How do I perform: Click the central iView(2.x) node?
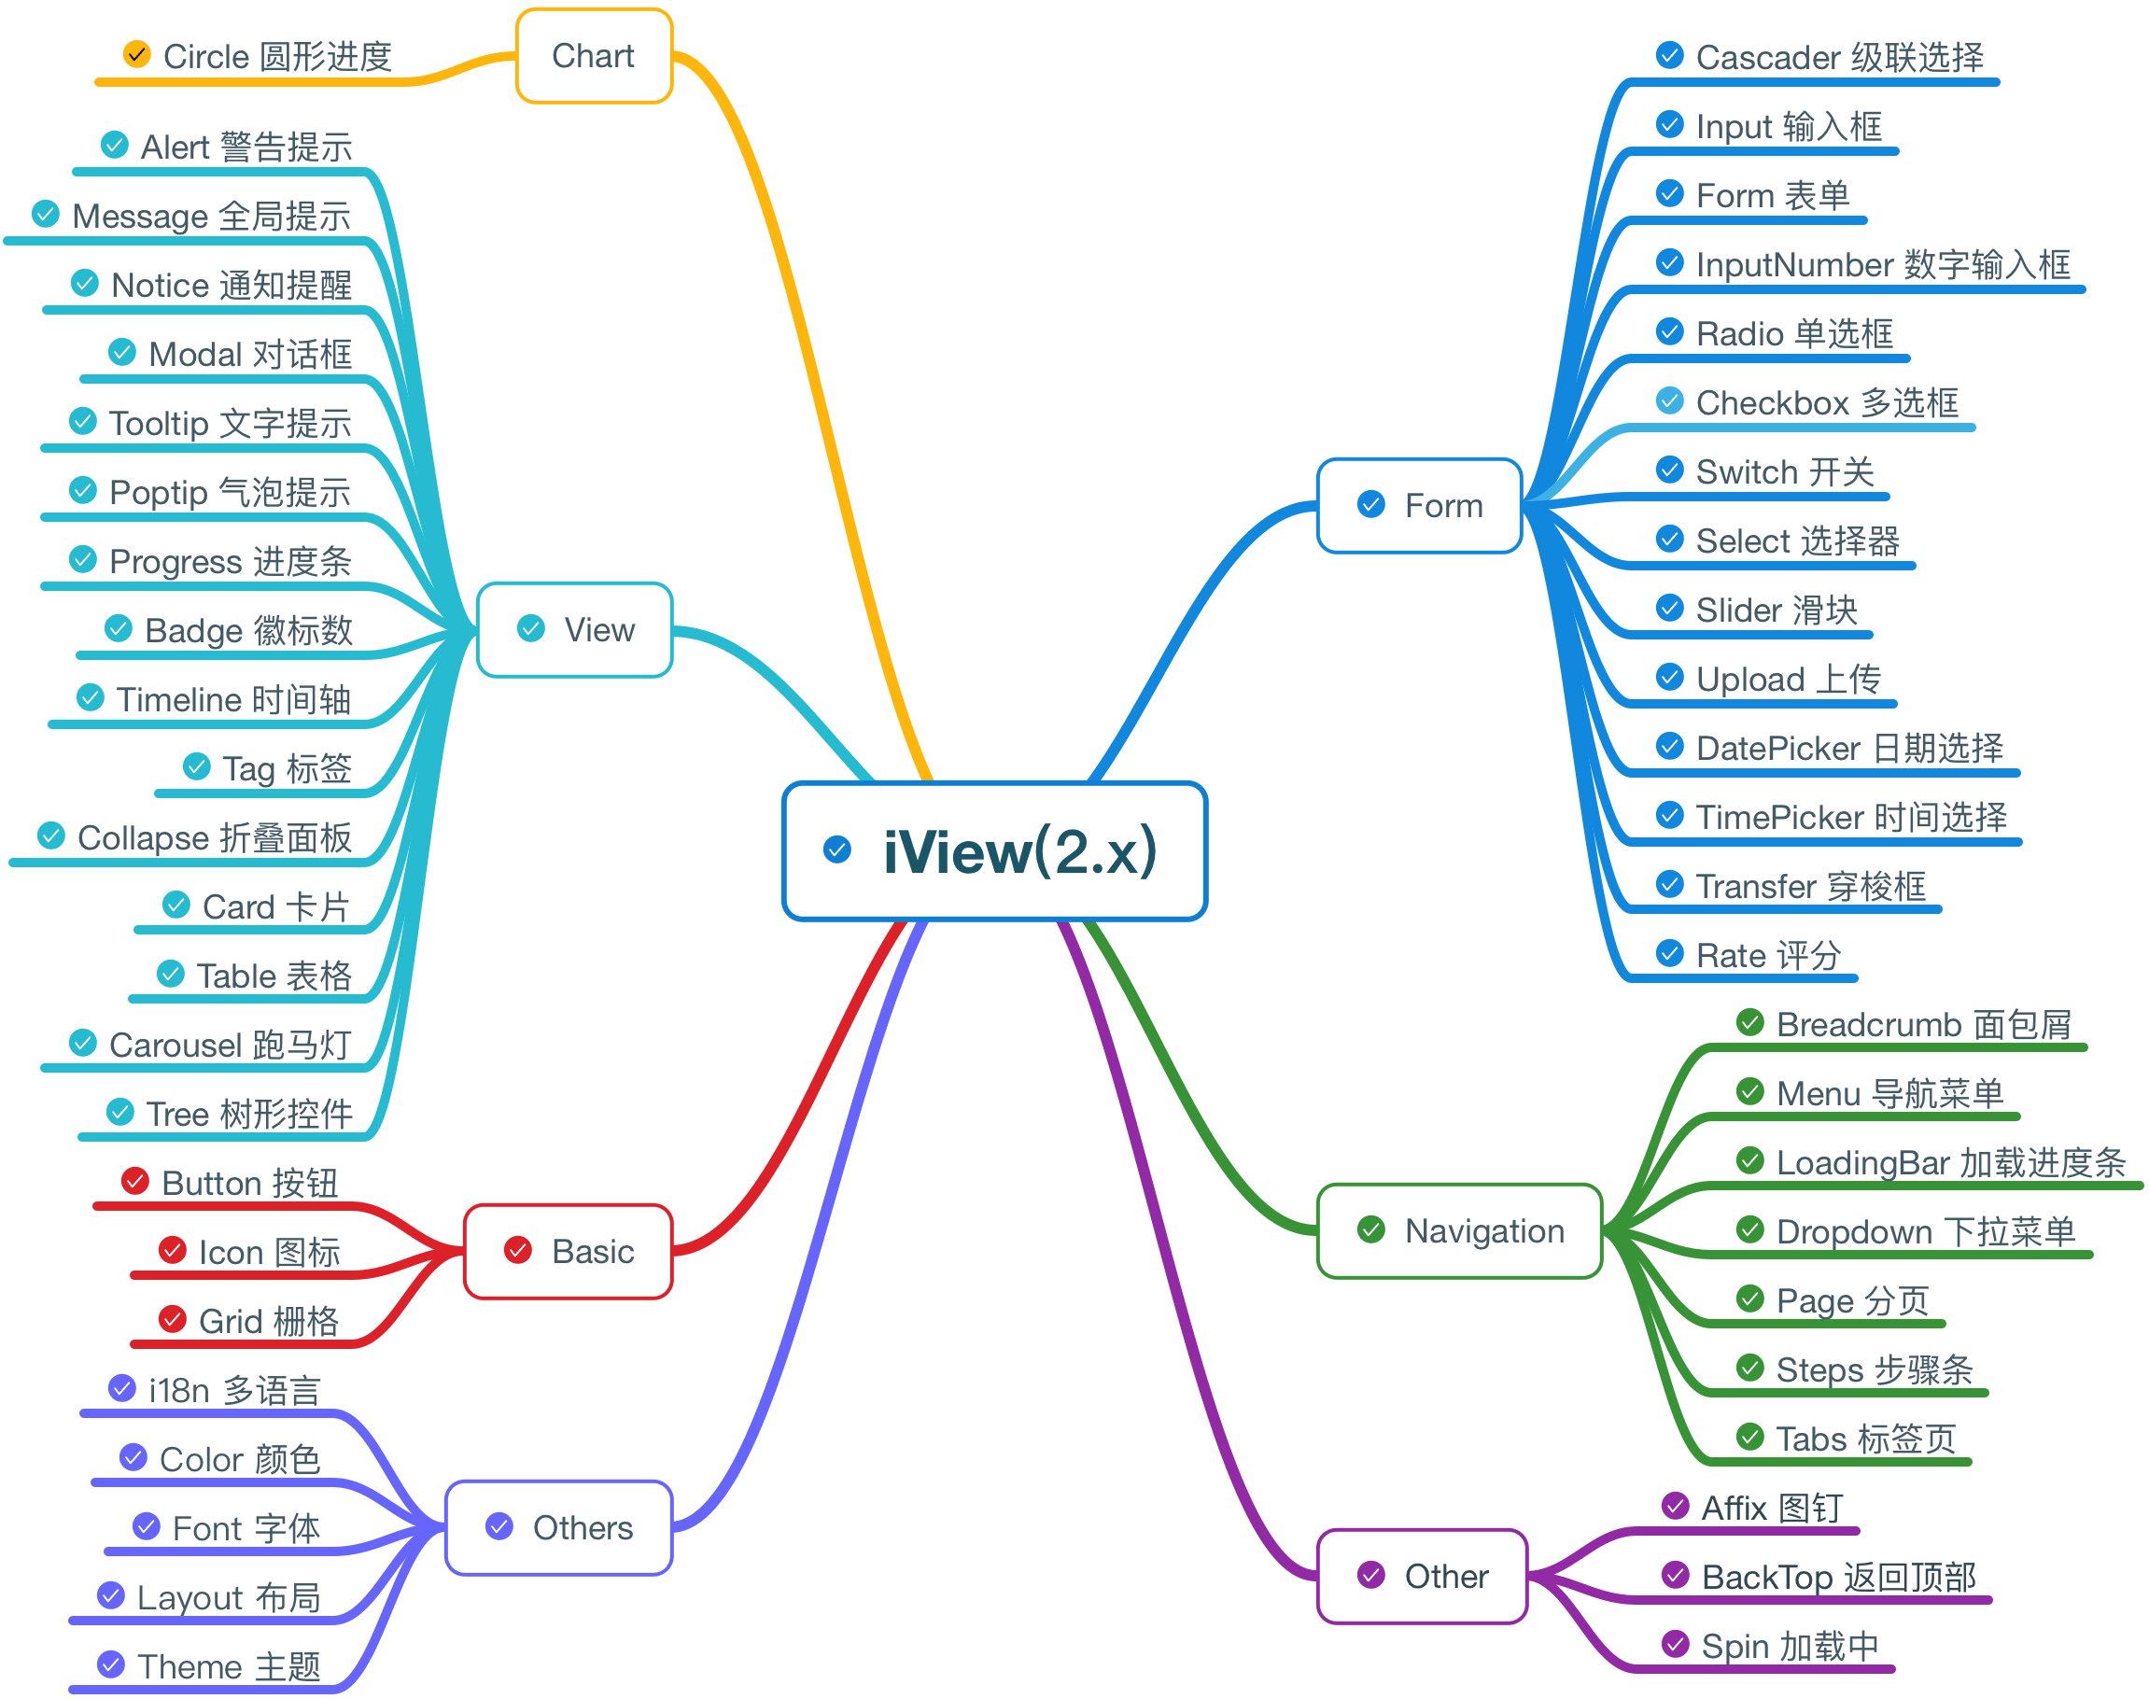[x=995, y=851]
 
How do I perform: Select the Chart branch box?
[x=594, y=56]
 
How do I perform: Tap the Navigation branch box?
[x=1458, y=1230]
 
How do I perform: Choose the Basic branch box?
[x=569, y=1250]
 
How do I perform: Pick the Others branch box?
[x=558, y=1527]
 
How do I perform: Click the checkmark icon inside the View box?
[x=531, y=628]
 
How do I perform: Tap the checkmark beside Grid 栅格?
[x=172, y=1319]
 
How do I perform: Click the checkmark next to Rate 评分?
[x=1669, y=954]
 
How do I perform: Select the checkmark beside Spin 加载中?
[x=1676, y=1644]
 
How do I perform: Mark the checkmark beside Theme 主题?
[x=110, y=1664]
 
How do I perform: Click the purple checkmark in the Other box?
[x=1371, y=1575]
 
